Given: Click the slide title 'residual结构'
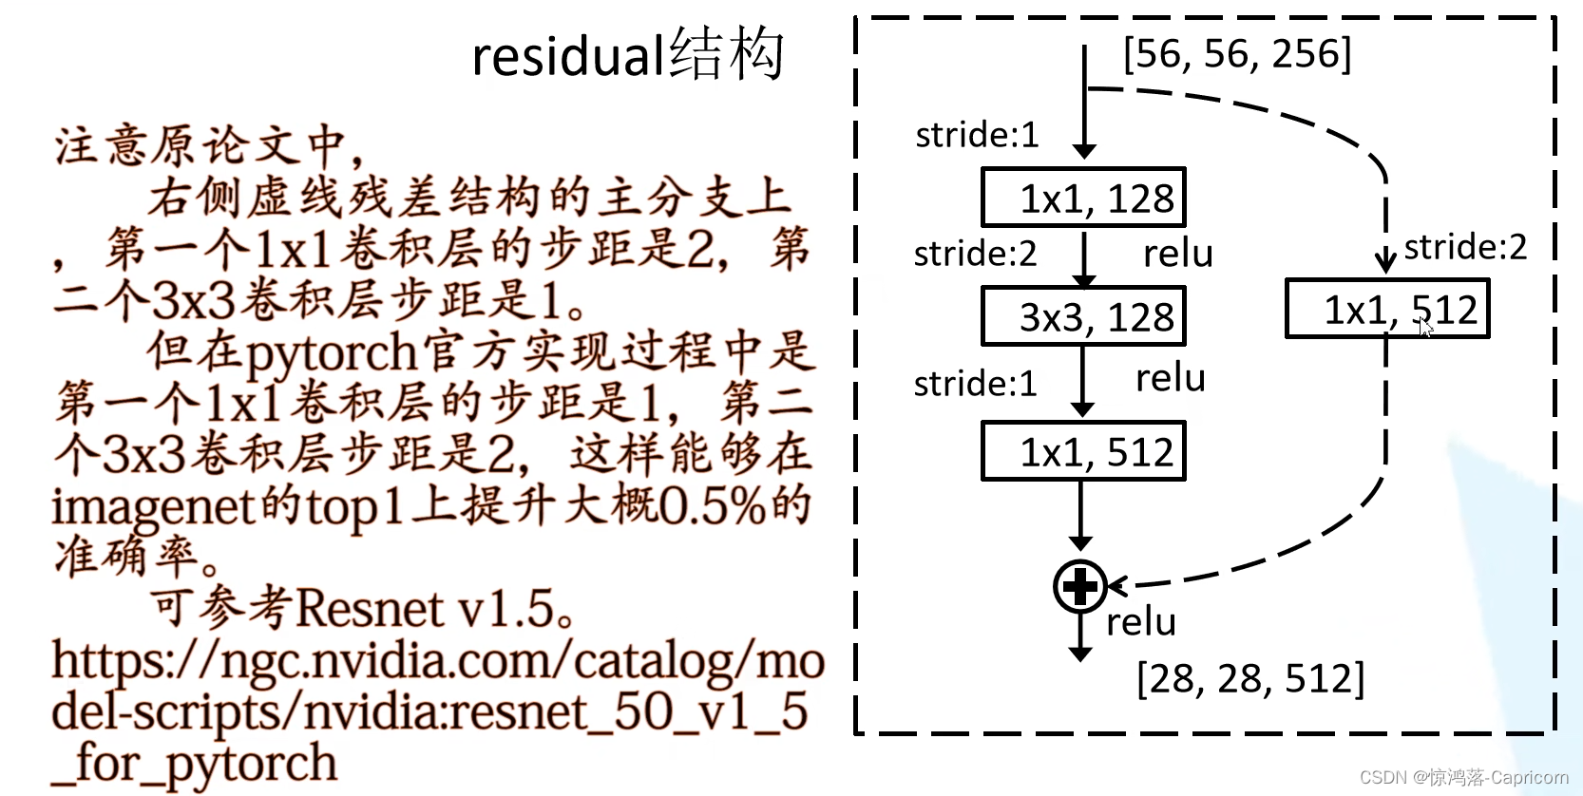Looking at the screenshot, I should click(x=627, y=55).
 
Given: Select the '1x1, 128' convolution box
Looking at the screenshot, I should click(x=1083, y=199).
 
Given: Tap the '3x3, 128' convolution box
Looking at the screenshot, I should click(x=1083, y=317).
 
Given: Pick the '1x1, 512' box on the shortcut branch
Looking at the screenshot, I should click(x=1387, y=310).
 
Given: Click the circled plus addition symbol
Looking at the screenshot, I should click(x=1080, y=586).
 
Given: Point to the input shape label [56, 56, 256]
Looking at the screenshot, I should click(x=1236, y=54).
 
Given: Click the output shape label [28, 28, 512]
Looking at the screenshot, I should click(x=1249, y=678).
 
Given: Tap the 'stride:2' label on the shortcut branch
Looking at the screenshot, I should click(x=1465, y=247).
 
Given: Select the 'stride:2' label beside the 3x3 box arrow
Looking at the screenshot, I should click(x=975, y=254).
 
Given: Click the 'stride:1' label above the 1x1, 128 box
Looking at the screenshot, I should click(x=977, y=135).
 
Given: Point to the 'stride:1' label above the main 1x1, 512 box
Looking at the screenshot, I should click(x=975, y=384).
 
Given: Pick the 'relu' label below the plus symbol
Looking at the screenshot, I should click(x=1141, y=622).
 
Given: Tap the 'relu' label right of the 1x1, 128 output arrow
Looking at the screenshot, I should click(x=1178, y=254).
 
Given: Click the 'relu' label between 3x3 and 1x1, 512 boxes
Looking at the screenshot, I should click(x=1171, y=378).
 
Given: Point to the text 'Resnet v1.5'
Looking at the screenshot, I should click(x=424, y=609).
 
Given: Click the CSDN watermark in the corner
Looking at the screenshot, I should click(x=1463, y=777).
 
